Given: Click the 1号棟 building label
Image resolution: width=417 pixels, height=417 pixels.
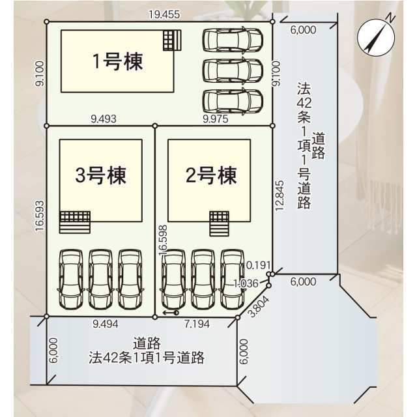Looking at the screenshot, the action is [x=118, y=61].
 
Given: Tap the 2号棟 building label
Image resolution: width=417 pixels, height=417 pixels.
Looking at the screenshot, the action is [x=211, y=175].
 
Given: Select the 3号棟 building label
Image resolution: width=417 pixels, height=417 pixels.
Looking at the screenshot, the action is [x=100, y=175].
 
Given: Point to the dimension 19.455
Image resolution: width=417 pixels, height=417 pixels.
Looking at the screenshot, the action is [x=164, y=14].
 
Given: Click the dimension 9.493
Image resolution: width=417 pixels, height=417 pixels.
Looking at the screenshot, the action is [x=104, y=119].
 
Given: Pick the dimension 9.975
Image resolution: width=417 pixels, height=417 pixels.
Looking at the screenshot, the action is [x=216, y=119].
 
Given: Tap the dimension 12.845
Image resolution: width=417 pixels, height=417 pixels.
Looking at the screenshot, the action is [x=280, y=195].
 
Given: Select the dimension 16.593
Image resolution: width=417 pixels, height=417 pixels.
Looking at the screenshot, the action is [x=40, y=216].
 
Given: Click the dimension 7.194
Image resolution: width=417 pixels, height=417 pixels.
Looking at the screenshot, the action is [x=197, y=324].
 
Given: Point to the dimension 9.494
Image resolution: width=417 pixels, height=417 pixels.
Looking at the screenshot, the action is [x=106, y=324].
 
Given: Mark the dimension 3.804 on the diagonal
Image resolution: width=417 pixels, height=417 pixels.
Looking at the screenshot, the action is [x=259, y=307].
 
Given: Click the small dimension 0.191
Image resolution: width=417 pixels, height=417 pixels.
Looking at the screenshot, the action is [x=259, y=265].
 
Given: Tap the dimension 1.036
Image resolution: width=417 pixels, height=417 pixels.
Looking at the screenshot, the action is [x=246, y=283].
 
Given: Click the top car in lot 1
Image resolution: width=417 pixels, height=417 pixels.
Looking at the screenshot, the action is [x=233, y=40].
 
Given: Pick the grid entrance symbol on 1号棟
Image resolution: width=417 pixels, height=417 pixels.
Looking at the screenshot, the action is [x=172, y=40].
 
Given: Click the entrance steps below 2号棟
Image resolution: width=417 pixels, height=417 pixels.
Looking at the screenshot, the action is [x=219, y=224].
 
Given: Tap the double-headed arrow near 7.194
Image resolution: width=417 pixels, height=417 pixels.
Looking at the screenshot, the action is [x=171, y=313].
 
